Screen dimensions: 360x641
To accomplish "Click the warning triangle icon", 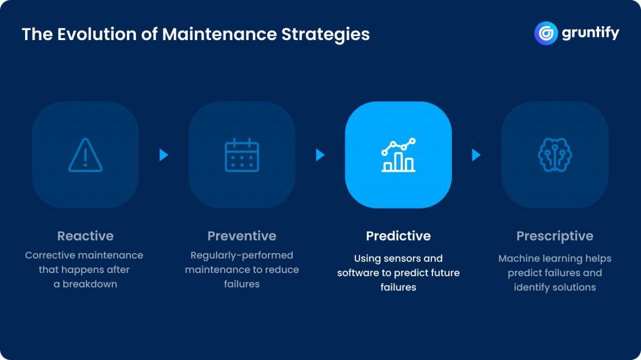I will click(x=85, y=155).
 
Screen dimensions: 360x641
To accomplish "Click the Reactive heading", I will click(x=85, y=236).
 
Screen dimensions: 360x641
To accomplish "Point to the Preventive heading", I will click(x=242, y=236).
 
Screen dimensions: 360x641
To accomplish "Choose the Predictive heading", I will click(x=398, y=236).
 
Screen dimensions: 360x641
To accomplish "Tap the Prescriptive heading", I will click(x=555, y=236).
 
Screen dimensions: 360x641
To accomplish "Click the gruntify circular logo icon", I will click(x=546, y=33).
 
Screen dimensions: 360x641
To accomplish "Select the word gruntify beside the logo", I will click(x=590, y=33).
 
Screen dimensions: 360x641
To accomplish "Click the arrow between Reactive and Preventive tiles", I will click(x=163, y=155).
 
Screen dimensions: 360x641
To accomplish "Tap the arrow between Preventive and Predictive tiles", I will click(x=320, y=155).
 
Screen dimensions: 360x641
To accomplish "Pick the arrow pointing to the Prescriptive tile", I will click(x=476, y=155).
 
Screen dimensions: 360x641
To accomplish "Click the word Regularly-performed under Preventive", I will click(x=242, y=255).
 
